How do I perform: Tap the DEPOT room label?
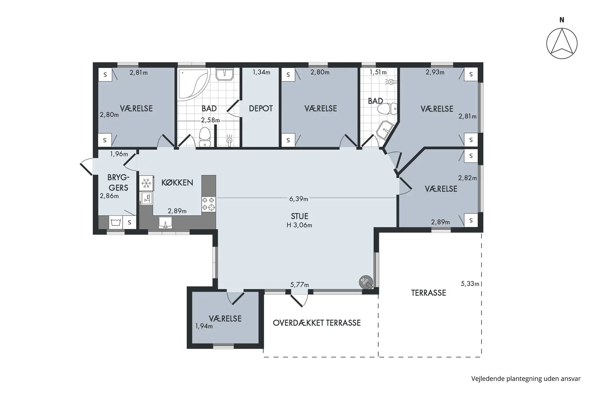click(261, 109)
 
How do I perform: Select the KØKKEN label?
click(177, 182)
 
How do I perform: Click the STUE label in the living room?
click(299, 216)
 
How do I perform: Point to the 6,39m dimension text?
click(299, 199)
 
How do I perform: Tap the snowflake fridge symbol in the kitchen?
click(146, 183)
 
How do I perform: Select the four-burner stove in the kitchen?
click(209, 204)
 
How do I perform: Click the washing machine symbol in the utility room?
click(116, 222)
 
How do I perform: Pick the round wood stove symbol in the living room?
click(366, 282)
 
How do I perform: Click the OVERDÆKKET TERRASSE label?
click(317, 323)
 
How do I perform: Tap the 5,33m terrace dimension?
click(470, 284)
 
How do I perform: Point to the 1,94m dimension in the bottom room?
click(204, 326)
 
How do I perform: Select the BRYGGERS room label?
click(118, 182)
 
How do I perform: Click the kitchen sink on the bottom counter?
click(165, 222)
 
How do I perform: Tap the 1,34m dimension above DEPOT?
click(261, 72)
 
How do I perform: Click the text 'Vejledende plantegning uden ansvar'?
click(526, 379)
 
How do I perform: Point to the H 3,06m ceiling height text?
click(299, 225)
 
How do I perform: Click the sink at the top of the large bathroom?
click(225, 74)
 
